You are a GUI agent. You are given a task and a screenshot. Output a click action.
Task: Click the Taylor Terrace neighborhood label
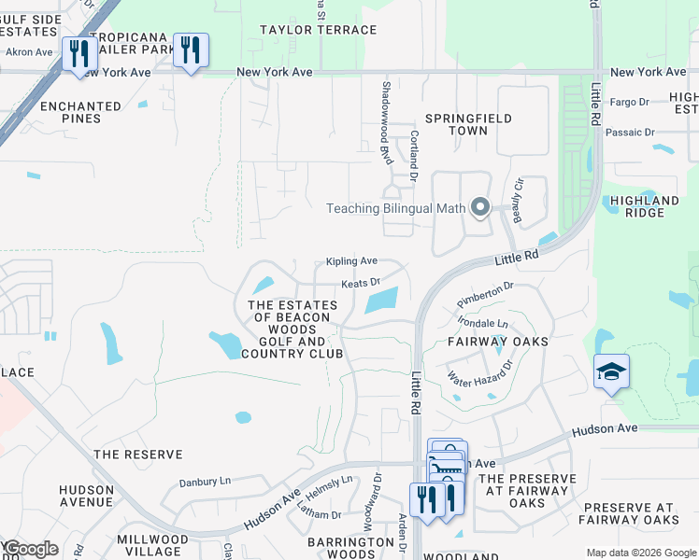(x=319, y=30)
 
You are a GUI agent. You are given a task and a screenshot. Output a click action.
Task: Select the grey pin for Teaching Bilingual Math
(x=480, y=207)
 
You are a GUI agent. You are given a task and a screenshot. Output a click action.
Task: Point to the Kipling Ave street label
(x=351, y=261)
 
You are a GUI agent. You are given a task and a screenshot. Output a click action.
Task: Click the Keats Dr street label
(x=361, y=283)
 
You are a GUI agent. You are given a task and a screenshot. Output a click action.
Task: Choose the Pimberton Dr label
(x=485, y=293)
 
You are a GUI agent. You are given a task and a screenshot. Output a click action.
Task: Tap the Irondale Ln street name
(x=482, y=323)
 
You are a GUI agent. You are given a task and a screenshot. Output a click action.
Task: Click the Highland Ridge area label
(x=644, y=206)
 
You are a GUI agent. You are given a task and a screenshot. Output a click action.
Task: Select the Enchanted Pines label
(x=80, y=113)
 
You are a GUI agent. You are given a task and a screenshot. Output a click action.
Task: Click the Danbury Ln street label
(x=205, y=483)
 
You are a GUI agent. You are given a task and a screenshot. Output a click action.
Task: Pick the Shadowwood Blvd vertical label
(x=385, y=122)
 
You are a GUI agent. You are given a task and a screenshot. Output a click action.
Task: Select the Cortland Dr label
(x=412, y=152)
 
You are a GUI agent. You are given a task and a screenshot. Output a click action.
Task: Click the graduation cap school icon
(x=611, y=371)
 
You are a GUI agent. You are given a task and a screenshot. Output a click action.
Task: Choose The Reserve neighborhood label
(x=137, y=455)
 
